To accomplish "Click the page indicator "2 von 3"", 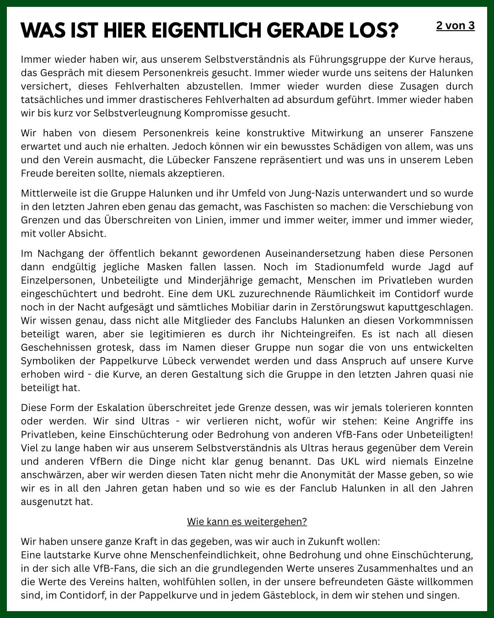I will pyautogui.click(x=455, y=26).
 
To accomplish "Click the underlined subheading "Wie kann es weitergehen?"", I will pyautogui.click(x=247, y=522).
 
